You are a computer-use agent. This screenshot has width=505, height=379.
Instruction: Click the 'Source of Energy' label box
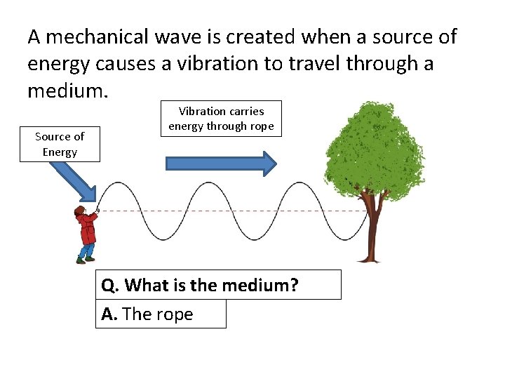pos(60,144)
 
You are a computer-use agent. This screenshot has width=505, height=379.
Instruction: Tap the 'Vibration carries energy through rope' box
pos(221,119)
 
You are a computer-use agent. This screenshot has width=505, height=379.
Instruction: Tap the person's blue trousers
pos(86,250)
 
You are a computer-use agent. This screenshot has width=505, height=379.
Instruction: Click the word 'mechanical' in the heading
pos(107,36)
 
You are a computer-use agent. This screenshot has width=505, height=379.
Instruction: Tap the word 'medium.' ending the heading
pos(65,91)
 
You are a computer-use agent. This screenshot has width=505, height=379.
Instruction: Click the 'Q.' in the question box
pos(111,285)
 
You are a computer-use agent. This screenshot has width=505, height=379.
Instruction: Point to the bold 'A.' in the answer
pos(109,314)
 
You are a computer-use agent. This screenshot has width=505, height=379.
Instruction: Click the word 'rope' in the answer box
pos(175,315)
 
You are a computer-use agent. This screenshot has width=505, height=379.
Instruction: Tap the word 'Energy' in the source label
pos(60,152)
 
